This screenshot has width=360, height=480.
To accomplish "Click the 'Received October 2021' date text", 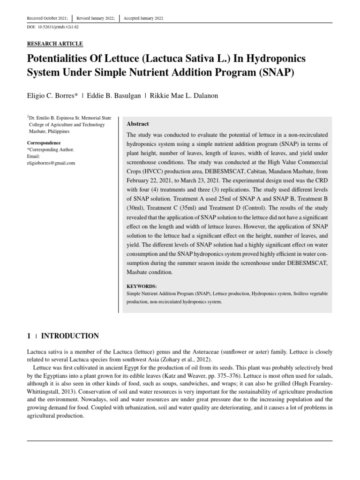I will coord(47,18).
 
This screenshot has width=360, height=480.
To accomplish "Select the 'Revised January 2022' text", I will coord(96,18).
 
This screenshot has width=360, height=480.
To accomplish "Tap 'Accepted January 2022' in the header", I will coord(143,18).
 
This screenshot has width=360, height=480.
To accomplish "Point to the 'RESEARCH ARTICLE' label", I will coord(55,44).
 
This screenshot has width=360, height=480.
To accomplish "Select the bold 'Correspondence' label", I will coord(44,142).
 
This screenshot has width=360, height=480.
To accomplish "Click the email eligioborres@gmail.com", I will coord(51,163).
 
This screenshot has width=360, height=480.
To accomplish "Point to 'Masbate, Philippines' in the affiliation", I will coord(49,132).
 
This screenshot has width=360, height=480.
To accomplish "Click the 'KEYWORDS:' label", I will coord(142,286).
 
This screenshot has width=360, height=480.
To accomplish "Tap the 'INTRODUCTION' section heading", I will coord(70,336).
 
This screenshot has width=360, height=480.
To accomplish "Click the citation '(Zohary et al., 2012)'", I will coord(186,359).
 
